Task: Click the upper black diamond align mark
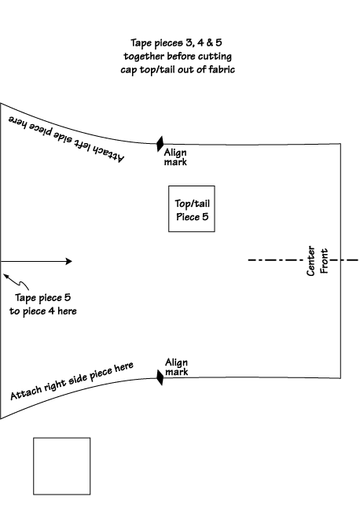pyautogui.click(x=160, y=144)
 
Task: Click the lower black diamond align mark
pyautogui.click(x=160, y=377)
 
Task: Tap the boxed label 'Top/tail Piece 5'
pyautogui.click(x=192, y=209)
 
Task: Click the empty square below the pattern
pyautogui.click(x=61, y=465)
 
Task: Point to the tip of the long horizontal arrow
pyautogui.click(x=72, y=261)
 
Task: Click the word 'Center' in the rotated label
pyautogui.click(x=310, y=259)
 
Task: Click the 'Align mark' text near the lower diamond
pyautogui.click(x=176, y=367)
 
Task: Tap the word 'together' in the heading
pyautogui.click(x=147, y=57)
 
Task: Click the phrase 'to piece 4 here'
pyautogui.click(x=44, y=311)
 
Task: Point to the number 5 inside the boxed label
pyautogui.click(x=205, y=216)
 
